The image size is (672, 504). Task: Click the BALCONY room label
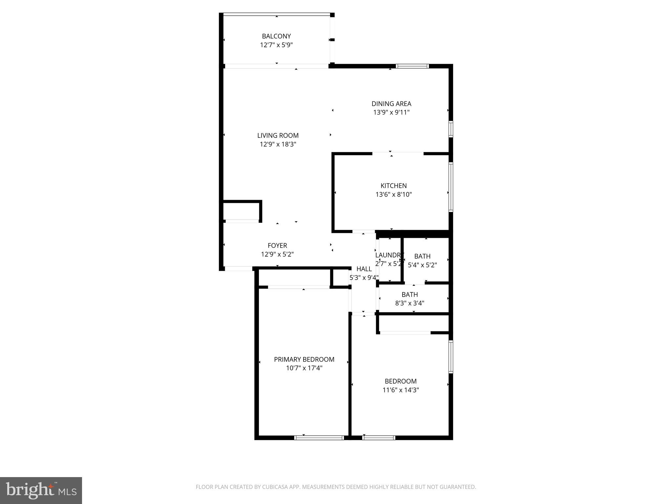click(276, 36)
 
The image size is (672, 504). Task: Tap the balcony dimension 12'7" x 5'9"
click(276, 45)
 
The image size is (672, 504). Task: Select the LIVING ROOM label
click(278, 136)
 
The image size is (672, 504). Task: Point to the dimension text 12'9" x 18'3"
click(278, 144)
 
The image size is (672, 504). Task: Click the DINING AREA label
click(391, 104)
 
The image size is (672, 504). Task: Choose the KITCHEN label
click(393, 186)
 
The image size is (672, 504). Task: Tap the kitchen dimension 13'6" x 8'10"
click(393, 194)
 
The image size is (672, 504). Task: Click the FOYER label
click(277, 245)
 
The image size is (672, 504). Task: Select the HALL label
click(364, 269)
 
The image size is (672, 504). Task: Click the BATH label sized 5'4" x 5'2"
click(422, 256)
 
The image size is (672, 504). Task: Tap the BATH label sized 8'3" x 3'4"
click(409, 295)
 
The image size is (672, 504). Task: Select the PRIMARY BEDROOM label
click(304, 359)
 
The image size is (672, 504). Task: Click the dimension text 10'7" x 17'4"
click(304, 368)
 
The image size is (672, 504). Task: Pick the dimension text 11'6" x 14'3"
click(401, 390)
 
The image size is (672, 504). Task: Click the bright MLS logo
click(41, 490)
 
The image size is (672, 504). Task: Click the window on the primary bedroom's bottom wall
click(319, 437)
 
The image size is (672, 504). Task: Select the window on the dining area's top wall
click(412, 66)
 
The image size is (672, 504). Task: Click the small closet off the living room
click(241, 211)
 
